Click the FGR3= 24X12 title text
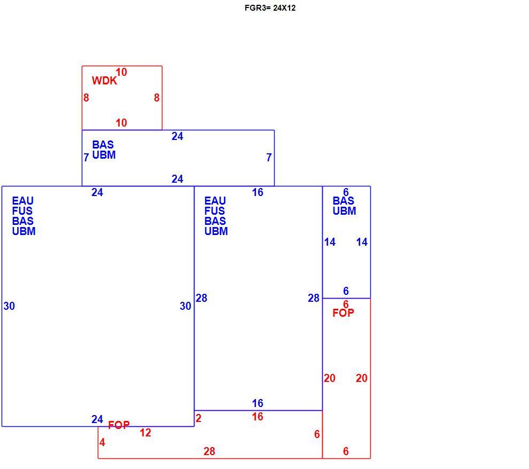[x=270, y=8]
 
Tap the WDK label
[x=104, y=81]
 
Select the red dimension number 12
[x=145, y=433]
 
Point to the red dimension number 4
[x=102, y=442]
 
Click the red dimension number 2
[x=198, y=418]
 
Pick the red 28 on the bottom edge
[x=209, y=451]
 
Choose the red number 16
[x=258, y=417]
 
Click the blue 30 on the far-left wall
[x=9, y=306]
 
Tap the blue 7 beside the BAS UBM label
[x=87, y=157]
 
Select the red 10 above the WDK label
[x=121, y=72]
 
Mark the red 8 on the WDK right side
[x=157, y=97]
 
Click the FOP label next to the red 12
[x=119, y=425]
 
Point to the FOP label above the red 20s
[x=343, y=313]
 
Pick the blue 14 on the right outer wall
[x=362, y=242]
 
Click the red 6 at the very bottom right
[x=346, y=451]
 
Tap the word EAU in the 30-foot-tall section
[x=22, y=201]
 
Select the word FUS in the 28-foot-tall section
[x=215, y=211]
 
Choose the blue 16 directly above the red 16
[x=258, y=403]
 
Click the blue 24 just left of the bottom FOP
[x=97, y=419]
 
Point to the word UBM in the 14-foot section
[x=344, y=211]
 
